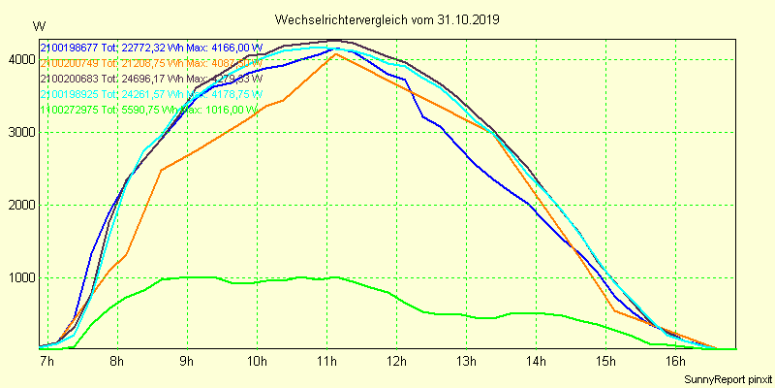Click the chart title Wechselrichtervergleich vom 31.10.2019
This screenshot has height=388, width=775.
click(387, 19)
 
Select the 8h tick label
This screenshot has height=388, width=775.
click(116, 362)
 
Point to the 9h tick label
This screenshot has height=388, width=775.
click(187, 362)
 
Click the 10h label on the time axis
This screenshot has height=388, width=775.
click(257, 362)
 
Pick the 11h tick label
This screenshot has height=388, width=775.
click(326, 362)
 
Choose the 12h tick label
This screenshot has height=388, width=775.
click(397, 362)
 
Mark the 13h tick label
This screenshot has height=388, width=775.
click(467, 362)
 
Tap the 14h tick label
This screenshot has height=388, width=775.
click(538, 362)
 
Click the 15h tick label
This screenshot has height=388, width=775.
click(607, 362)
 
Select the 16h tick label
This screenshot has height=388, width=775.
click(677, 362)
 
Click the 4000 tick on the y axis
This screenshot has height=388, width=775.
click(19, 60)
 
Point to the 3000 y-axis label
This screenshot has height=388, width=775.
click(19, 133)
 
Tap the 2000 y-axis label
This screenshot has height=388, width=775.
click(19, 206)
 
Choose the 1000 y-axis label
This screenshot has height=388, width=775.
click(19, 278)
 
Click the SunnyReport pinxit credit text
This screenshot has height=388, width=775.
click(726, 377)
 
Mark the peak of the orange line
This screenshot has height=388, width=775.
click(335, 54)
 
